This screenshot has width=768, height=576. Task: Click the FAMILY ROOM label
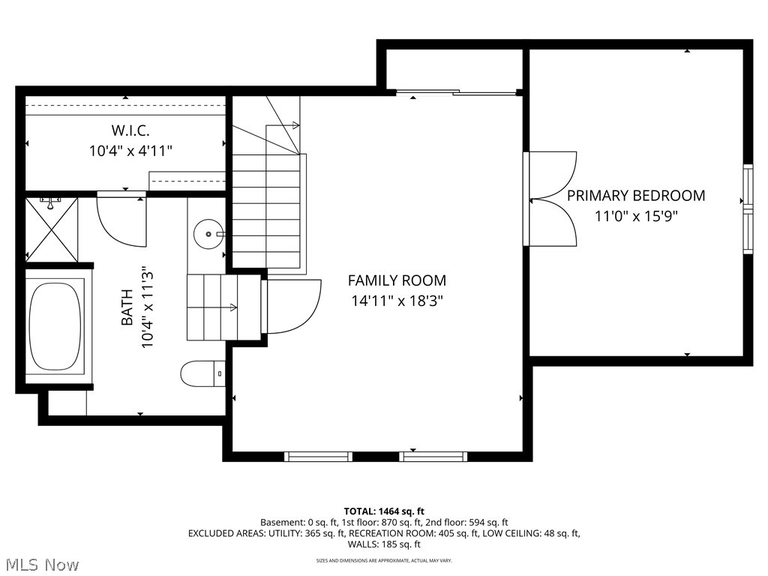(x=397, y=280)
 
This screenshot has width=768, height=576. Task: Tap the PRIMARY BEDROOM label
(x=635, y=196)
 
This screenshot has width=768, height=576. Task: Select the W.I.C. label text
(x=130, y=130)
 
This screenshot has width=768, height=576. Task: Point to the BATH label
(x=127, y=307)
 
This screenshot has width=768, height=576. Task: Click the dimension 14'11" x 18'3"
(x=397, y=301)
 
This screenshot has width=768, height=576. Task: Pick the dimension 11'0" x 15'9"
(x=635, y=217)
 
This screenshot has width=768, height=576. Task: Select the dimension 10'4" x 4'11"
(x=130, y=151)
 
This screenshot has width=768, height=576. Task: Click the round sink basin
(x=206, y=234)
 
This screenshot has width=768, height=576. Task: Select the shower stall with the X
(x=52, y=229)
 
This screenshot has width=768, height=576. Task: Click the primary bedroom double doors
(x=551, y=199)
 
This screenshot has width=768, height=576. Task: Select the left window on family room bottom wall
(x=318, y=456)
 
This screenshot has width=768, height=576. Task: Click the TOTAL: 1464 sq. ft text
(x=384, y=511)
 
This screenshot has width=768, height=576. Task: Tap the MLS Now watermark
(x=40, y=564)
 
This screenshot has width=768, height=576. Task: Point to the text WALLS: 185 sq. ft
(x=384, y=544)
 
